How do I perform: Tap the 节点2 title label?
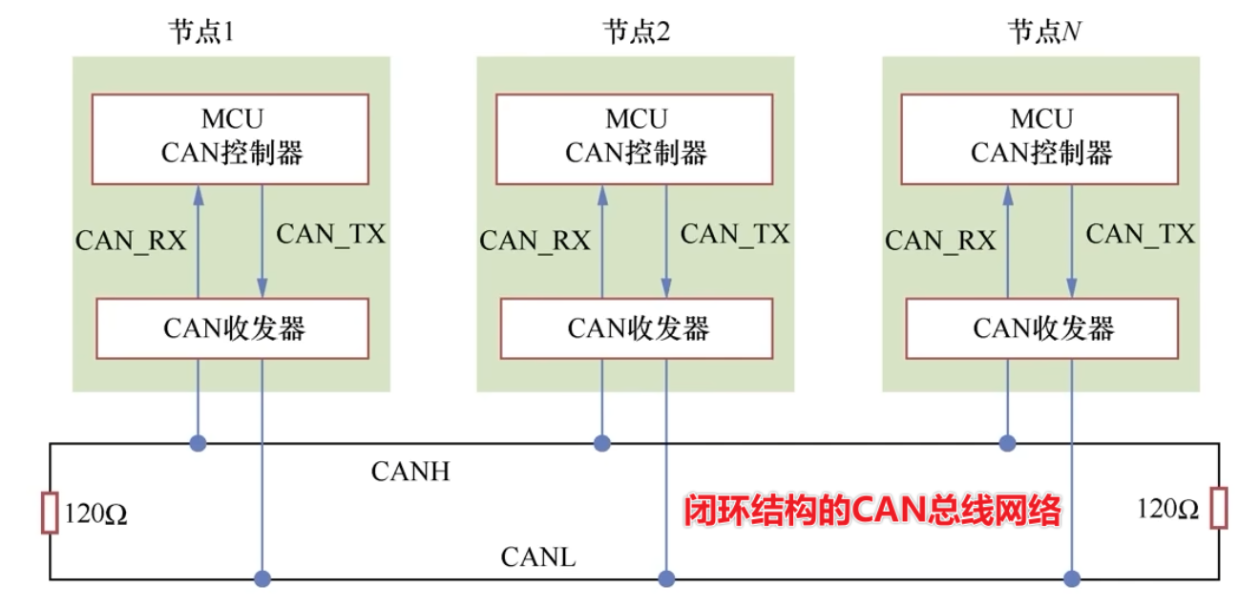tap(636, 32)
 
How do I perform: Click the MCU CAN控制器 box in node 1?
tap(230, 137)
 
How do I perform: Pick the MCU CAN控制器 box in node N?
tap(1040, 137)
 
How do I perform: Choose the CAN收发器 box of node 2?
tap(637, 328)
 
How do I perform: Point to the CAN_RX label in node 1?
tap(131, 240)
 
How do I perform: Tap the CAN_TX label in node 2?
tap(735, 234)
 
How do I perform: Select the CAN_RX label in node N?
tap(940, 240)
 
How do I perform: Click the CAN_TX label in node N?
tap(1141, 234)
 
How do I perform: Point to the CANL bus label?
tap(538, 557)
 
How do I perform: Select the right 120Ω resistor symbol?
tap(1218, 508)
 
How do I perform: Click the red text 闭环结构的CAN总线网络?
tap(872, 512)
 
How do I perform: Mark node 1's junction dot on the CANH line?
tap(198, 443)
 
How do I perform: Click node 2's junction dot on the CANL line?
tap(666, 578)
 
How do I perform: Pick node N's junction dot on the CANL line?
tap(1071, 578)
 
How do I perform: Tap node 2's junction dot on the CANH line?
tap(602, 443)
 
